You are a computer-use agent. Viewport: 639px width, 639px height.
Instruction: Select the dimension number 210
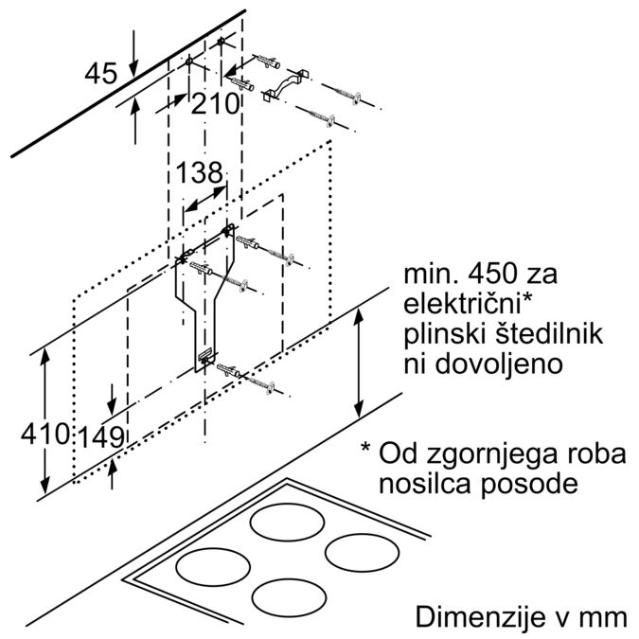(x=215, y=104)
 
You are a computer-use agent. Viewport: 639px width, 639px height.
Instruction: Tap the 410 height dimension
(x=44, y=435)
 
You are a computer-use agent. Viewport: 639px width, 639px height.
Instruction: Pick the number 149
(x=102, y=436)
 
